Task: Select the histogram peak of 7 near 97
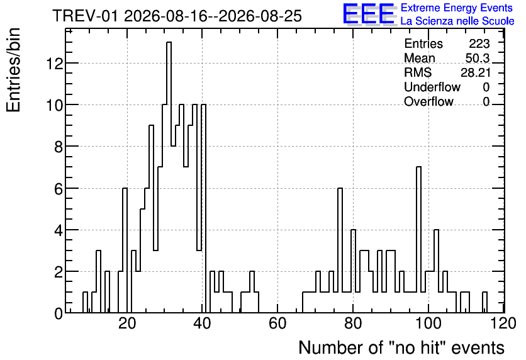tap(418, 240)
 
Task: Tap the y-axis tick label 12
tap(55, 64)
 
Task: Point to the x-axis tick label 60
tap(277, 323)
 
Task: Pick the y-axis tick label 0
tap(59, 313)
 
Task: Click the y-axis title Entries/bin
tap(13, 70)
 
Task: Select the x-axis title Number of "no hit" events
tap(401, 347)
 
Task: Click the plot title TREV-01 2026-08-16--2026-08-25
tap(177, 16)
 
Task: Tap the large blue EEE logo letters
tap(368, 14)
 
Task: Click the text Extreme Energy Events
tap(457, 8)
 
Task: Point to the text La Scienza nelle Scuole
tap(457, 21)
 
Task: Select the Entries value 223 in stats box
tap(479, 43)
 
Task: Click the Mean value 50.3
tap(478, 58)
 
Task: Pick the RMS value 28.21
tap(475, 72)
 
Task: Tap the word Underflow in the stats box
tap(432, 87)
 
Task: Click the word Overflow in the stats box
tap(428, 101)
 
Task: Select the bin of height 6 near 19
tap(125, 250)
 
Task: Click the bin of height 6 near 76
tap(340, 250)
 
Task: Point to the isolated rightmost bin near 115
tap(484, 302)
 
